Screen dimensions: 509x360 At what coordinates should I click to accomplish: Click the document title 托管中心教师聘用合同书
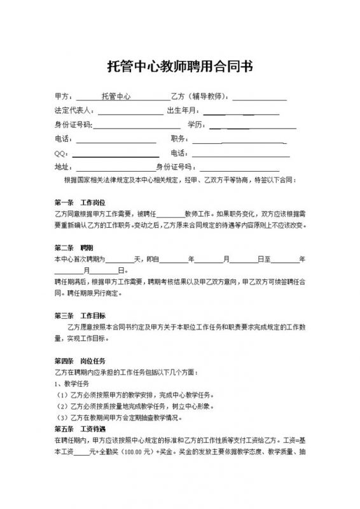180,67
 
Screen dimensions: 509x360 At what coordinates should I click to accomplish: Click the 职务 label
179,139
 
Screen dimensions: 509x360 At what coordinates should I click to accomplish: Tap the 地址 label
64,167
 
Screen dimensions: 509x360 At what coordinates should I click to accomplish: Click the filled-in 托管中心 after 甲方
116,97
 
